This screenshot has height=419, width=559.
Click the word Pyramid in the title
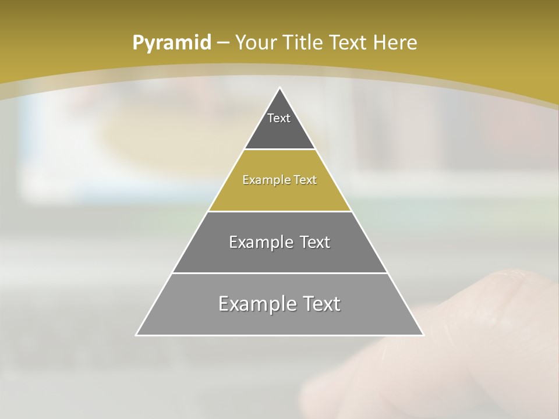click(x=172, y=43)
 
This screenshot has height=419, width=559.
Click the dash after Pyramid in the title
click(x=223, y=43)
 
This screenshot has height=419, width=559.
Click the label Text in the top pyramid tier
click(x=279, y=118)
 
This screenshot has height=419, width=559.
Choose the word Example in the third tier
click(x=260, y=242)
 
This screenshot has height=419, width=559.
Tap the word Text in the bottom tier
click(x=319, y=304)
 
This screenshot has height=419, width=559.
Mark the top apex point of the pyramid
click(x=280, y=88)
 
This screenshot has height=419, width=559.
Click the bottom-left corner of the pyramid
click(x=136, y=335)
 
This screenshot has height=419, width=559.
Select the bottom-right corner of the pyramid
click(x=423, y=335)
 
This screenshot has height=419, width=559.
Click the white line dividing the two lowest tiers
click(x=279, y=273)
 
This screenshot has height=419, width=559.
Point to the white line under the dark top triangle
click(x=279, y=150)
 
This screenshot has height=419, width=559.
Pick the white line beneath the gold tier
click(x=279, y=211)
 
